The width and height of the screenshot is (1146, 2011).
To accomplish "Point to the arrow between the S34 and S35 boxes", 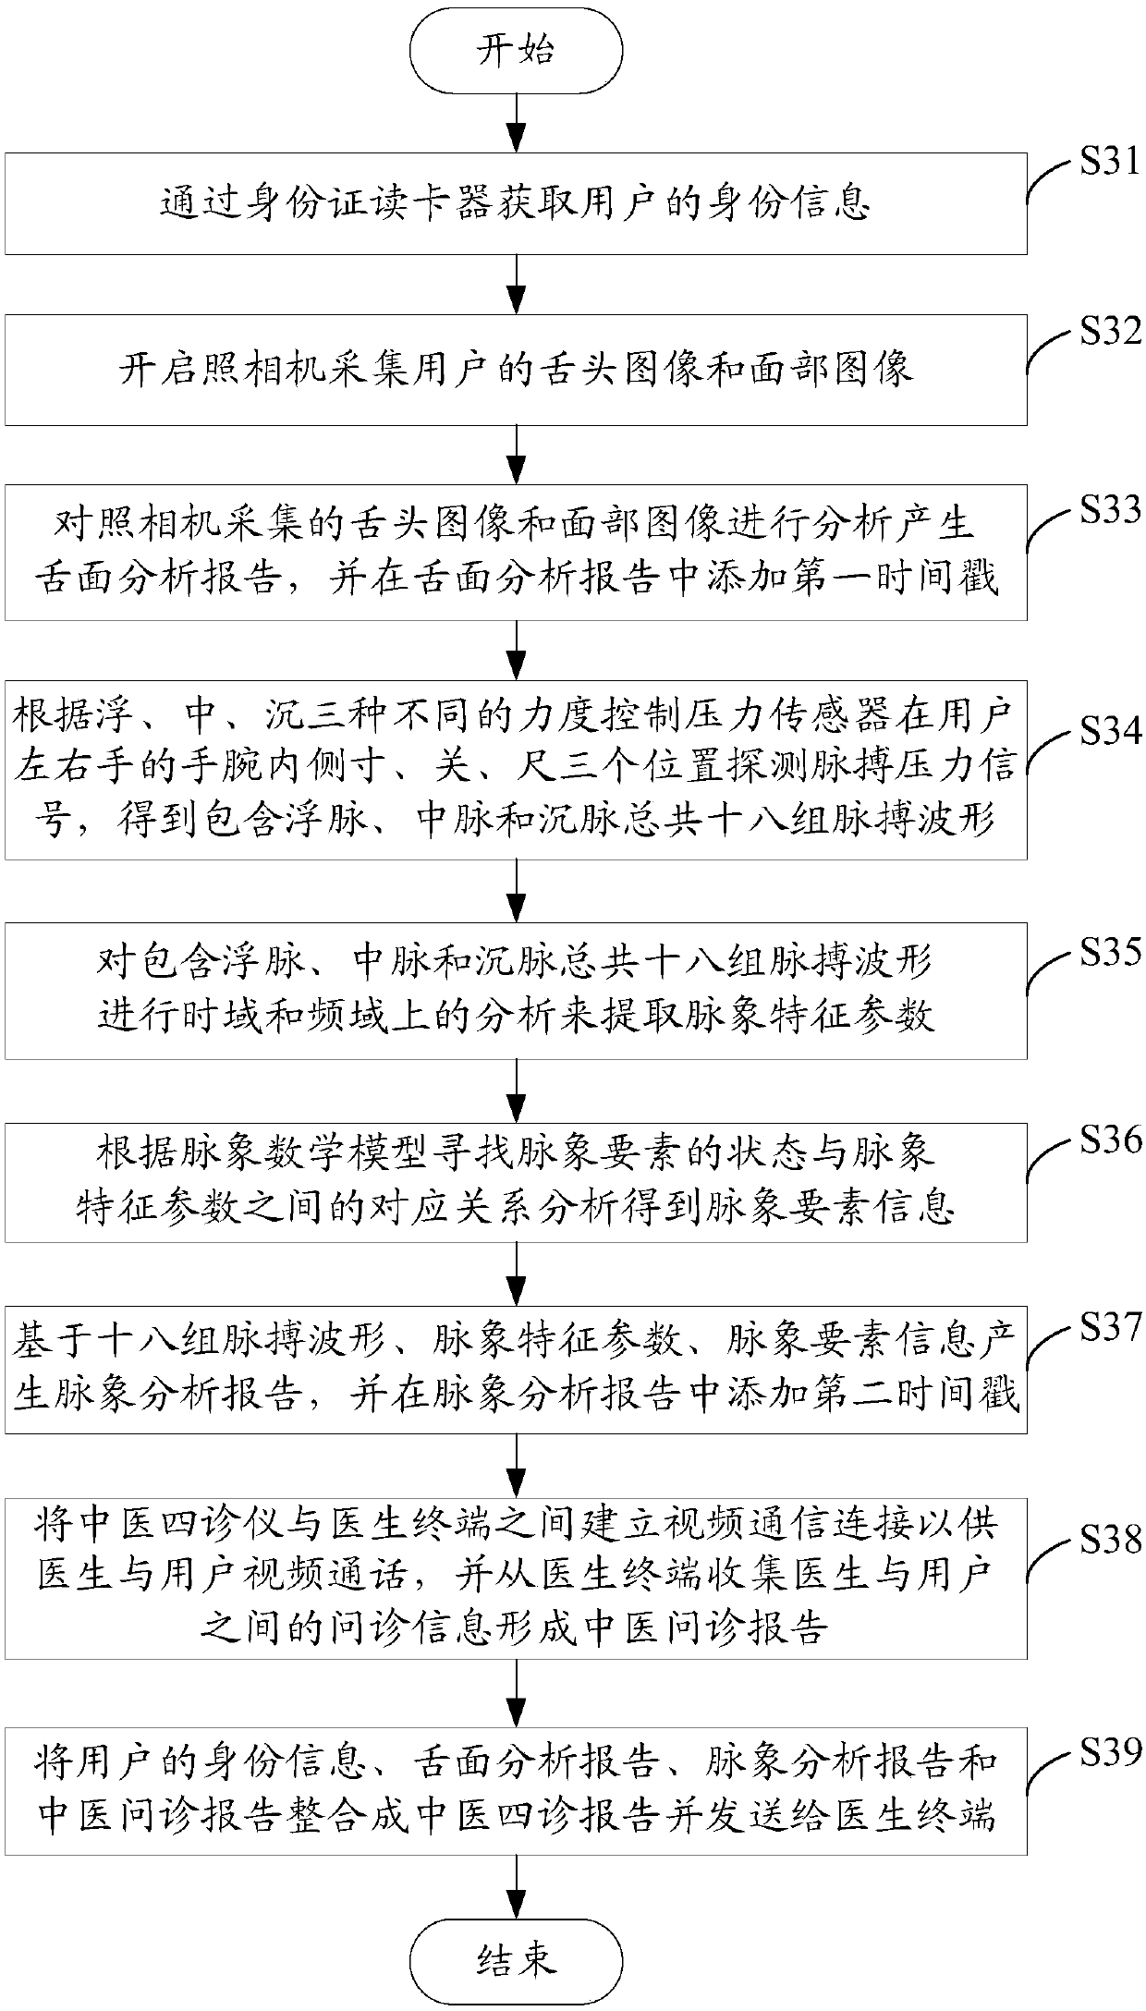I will click(x=516, y=890).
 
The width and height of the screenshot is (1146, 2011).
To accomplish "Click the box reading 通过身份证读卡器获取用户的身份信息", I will click(x=516, y=204).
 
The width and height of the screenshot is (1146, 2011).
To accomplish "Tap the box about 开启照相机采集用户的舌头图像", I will click(x=516, y=370).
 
